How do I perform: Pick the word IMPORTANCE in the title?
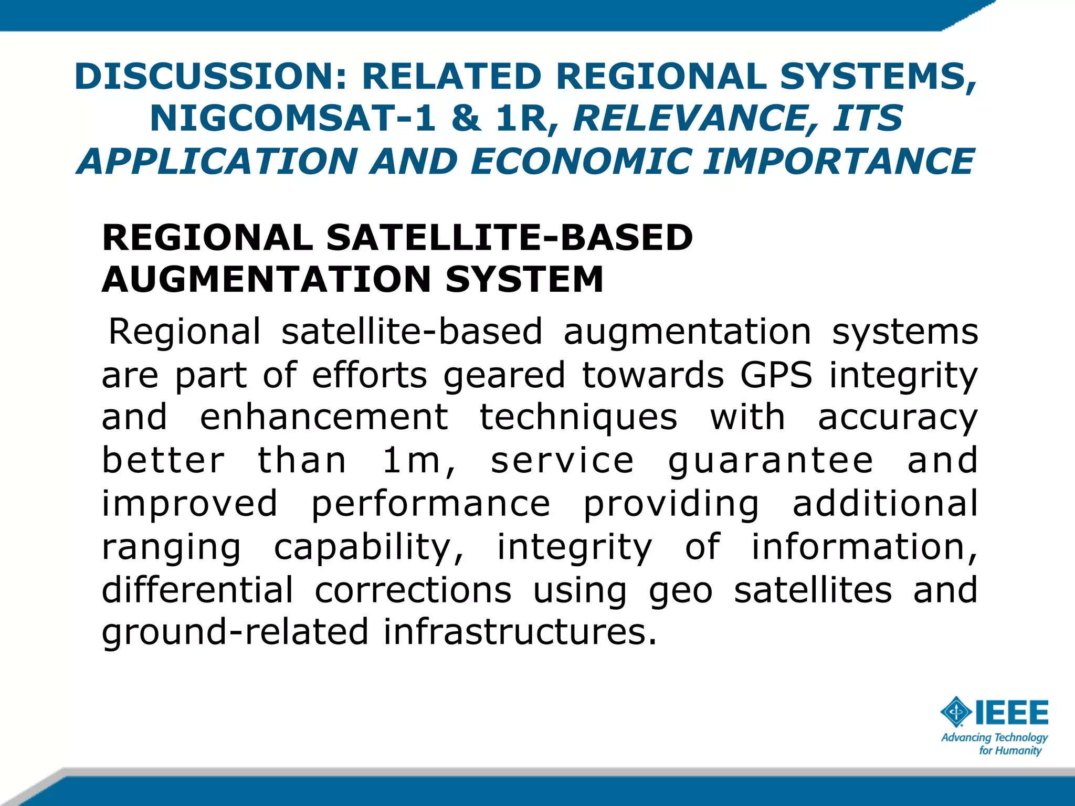coord(838,161)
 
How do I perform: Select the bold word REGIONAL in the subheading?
coord(207,238)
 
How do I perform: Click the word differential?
coord(197,590)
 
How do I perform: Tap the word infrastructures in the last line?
coord(520,632)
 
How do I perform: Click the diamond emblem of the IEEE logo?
coord(956,712)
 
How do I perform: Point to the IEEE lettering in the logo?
coord(1011,712)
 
